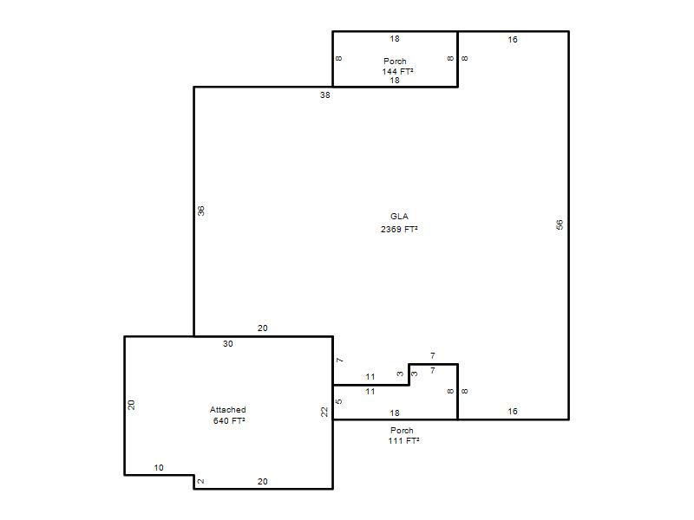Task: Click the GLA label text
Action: pos(399,216)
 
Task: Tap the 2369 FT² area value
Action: pos(399,229)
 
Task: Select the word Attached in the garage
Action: pos(228,409)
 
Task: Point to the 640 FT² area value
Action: pos(229,420)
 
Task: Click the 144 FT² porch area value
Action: pos(398,71)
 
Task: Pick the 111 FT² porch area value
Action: pos(403,441)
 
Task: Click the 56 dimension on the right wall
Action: pos(560,224)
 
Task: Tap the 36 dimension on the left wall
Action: pos(201,211)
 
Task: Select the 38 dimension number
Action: pos(324,95)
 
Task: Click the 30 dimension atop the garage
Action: pos(228,343)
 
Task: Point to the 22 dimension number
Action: pos(324,412)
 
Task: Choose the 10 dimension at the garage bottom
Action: pos(159,467)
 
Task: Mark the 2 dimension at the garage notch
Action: pos(201,481)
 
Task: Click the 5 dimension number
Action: pos(339,401)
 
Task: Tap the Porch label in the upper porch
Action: pos(395,61)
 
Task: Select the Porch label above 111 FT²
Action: pos(402,430)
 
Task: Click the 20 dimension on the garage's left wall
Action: pos(132,405)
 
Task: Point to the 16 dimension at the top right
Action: pos(513,40)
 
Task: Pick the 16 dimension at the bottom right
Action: pos(513,412)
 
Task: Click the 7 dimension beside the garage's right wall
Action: pos(340,361)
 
